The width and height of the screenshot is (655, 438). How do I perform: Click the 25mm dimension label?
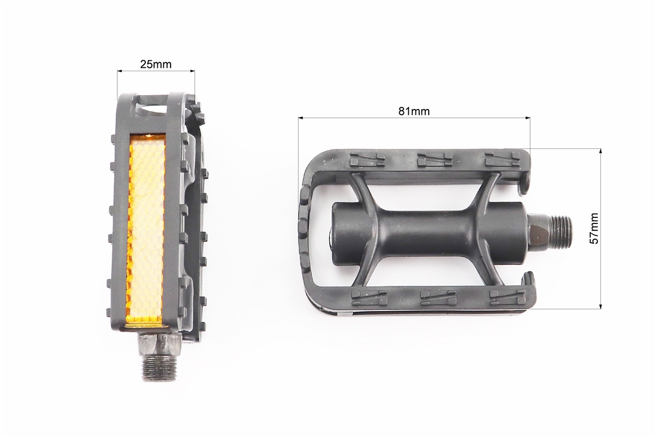[x=156, y=64]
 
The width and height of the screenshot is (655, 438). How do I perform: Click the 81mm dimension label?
[x=413, y=111]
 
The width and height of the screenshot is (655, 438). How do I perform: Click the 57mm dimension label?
[x=594, y=228]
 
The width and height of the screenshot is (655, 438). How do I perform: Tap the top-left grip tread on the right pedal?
[x=368, y=158]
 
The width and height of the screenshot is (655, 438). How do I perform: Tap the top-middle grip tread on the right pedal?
[x=435, y=158]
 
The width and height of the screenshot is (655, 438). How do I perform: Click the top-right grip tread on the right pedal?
[x=503, y=158]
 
